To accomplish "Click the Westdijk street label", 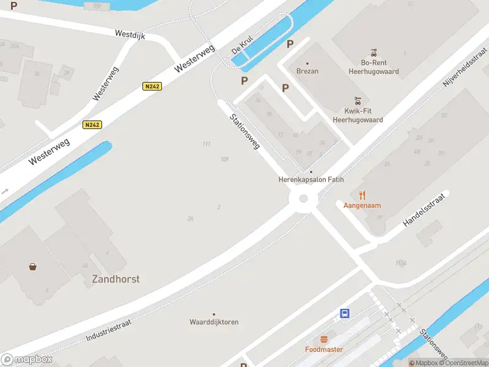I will [x=130, y=35].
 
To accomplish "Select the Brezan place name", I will [x=307, y=71].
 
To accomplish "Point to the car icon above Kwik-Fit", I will [x=358, y=100].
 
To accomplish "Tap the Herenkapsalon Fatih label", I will [x=311, y=180].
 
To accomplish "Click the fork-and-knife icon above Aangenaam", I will [x=362, y=195].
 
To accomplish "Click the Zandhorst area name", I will [x=116, y=279].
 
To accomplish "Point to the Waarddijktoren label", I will [x=214, y=322].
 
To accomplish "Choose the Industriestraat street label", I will [x=109, y=328].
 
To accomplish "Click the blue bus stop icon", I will [x=345, y=313].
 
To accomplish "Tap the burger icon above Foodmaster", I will [x=324, y=339].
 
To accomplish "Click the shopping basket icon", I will [x=32, y=266].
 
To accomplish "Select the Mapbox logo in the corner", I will [x=26, y=360].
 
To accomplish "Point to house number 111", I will [x=207, y=144].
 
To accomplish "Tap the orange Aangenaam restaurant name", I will [x=362, y=206].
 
